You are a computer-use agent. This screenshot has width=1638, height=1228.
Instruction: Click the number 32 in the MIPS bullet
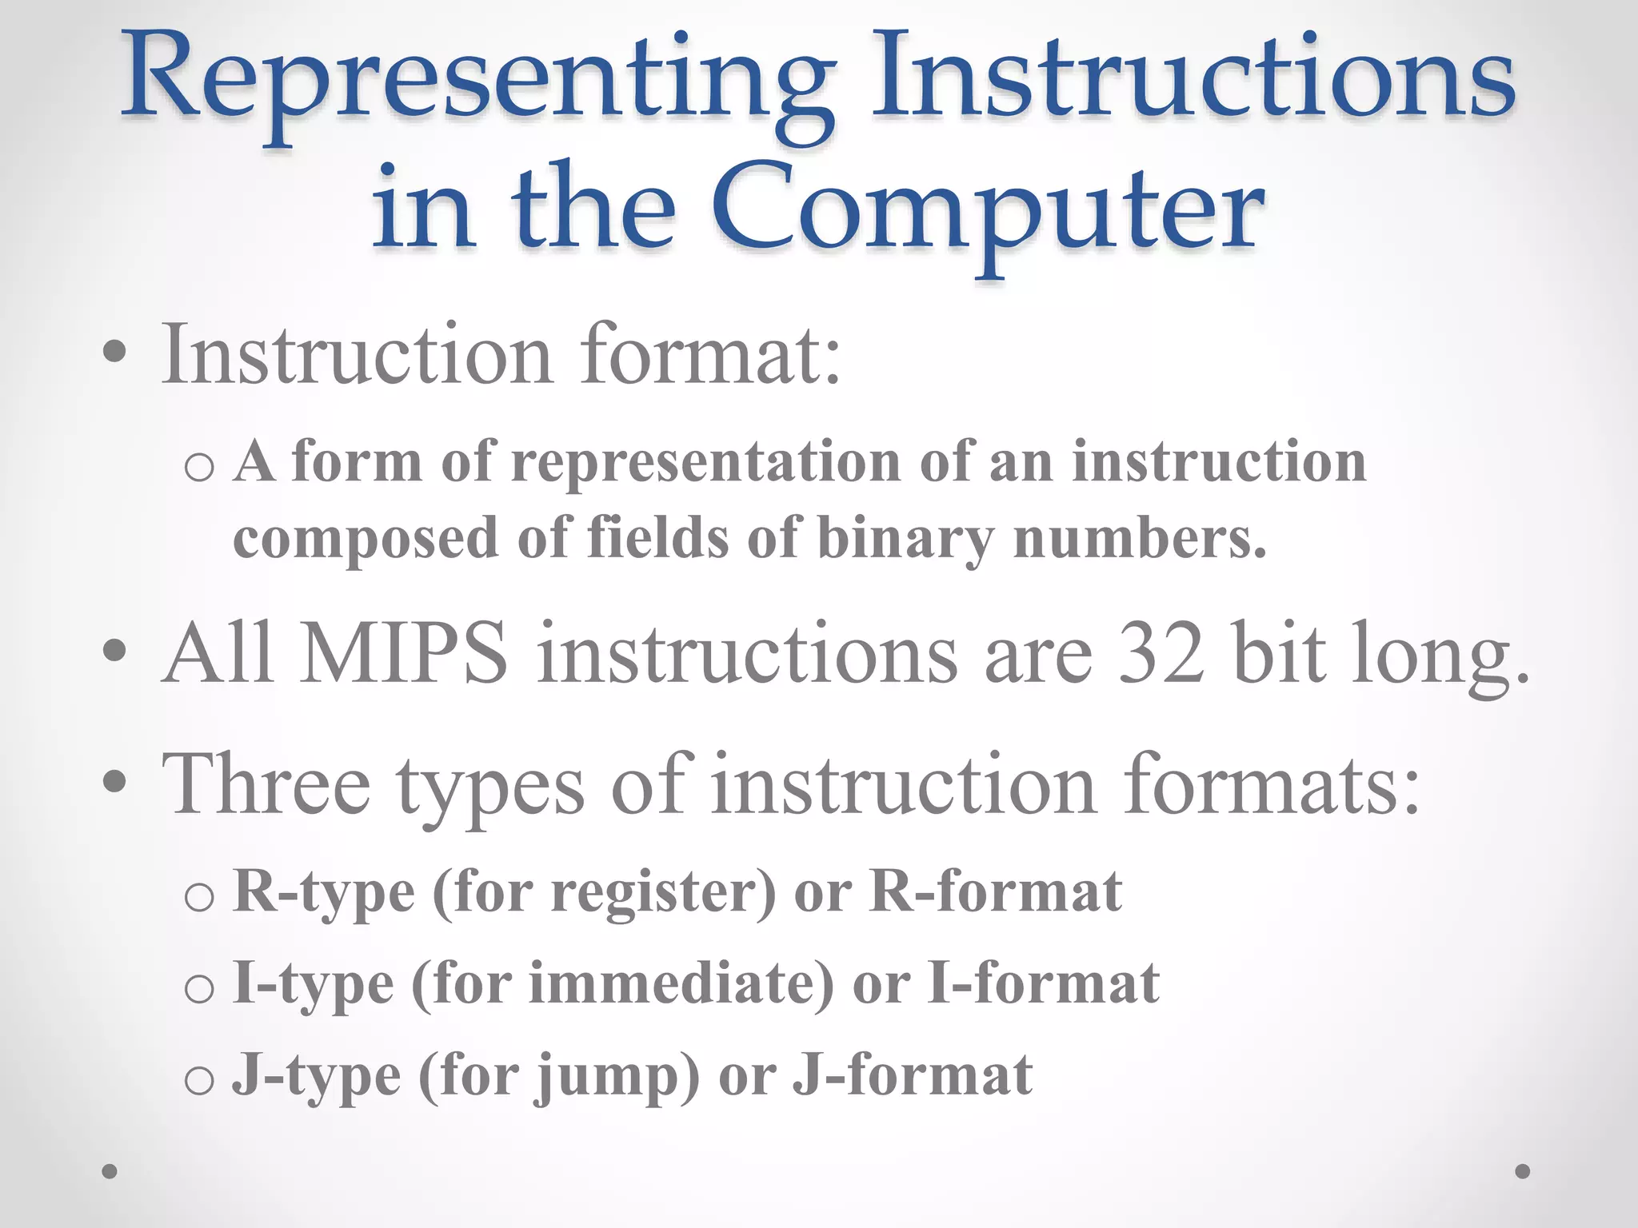click(x=1161, y=654)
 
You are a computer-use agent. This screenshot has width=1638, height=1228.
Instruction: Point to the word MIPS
click(x=403, y=654)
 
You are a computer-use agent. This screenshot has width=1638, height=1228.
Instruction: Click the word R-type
click(x=324, y=892)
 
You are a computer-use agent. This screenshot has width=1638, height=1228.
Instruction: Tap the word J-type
click(x=316, y=1076)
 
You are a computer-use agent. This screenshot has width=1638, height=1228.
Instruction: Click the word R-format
click(x=997, y=892)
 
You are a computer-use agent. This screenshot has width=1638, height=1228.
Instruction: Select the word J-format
click(x=913, y=1076)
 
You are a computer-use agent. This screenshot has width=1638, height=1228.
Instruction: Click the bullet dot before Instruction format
click(x=114, y=353)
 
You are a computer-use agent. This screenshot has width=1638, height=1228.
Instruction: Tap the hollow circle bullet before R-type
click(x=198, y=898)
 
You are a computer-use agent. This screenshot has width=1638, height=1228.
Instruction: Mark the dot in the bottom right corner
click(x=1523, y=1171)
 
